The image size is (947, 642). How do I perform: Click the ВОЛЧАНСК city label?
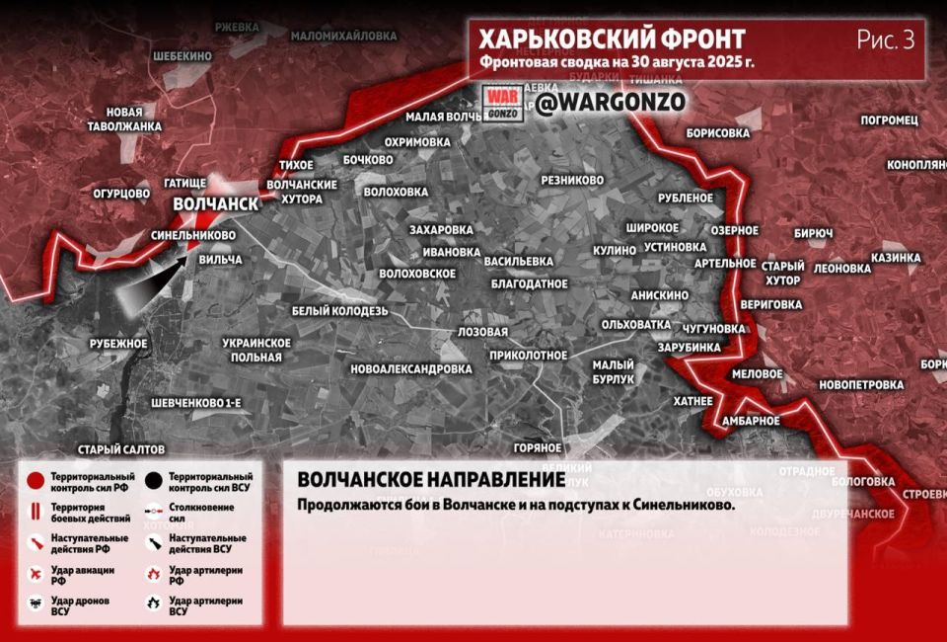[215, 203]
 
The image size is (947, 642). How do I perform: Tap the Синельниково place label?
[193, 236]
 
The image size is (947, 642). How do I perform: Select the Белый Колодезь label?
[340, 310]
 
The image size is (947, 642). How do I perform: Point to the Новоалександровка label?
[411, 368]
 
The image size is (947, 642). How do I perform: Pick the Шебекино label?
[179, 56]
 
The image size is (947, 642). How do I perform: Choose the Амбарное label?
[750, 421]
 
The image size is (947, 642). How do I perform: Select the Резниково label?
[572, 180]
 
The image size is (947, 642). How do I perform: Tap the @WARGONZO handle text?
[611, 101]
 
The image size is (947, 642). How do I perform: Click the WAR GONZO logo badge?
[502, 104]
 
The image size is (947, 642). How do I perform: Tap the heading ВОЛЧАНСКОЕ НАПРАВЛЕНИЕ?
[431, 480]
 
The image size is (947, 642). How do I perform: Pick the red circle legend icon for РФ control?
[36, 481]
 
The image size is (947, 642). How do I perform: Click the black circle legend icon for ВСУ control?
[153, 481]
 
